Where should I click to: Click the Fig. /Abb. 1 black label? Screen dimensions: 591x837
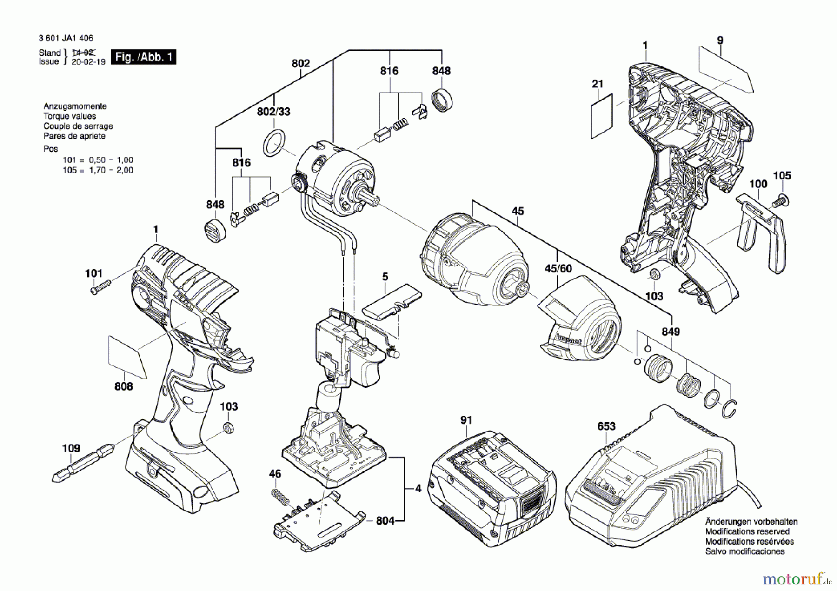coord(144,57)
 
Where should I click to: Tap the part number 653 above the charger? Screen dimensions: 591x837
coord(606,426)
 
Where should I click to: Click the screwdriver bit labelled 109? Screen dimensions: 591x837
coord(84,463)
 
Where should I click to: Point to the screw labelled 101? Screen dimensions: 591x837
coord(100,286)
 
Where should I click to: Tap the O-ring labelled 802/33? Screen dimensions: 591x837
coord(273,143)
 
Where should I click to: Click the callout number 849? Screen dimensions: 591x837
coord(671,332)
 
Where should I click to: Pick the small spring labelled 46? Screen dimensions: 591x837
coord(280,497)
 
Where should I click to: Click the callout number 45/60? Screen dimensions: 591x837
coord(558,269)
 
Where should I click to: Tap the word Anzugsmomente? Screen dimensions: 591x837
coord(75,106)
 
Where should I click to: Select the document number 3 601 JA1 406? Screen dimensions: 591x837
coord(66,38)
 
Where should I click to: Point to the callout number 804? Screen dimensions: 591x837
coord(385,520)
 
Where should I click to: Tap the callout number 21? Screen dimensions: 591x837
coord(598,84)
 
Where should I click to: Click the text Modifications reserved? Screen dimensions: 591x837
coord(747,531)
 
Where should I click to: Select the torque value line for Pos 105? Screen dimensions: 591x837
coord(98,170)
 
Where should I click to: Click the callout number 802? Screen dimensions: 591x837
coord(301,63)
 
